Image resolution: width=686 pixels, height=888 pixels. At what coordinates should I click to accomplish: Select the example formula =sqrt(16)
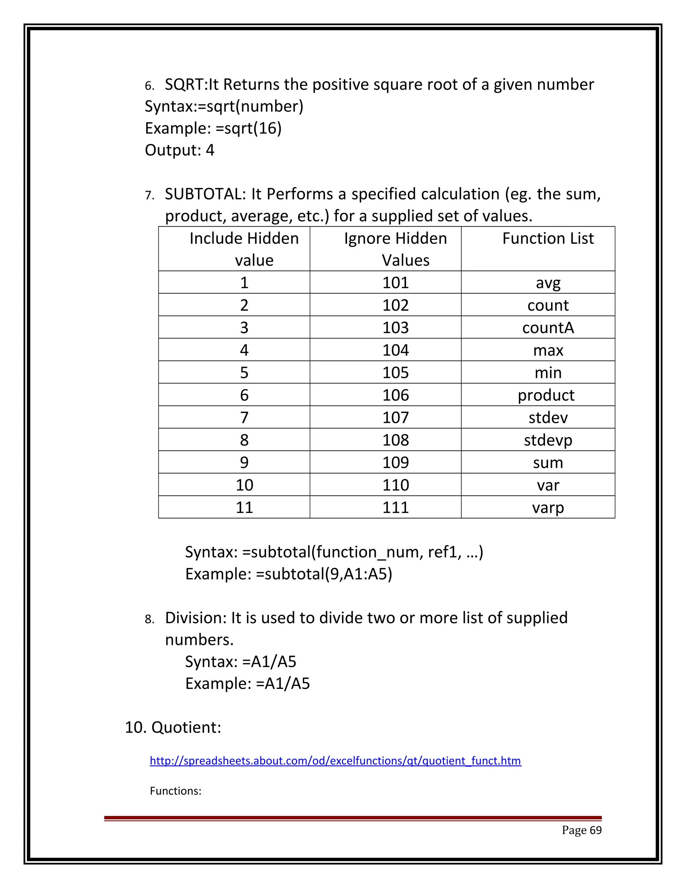coord(248,128)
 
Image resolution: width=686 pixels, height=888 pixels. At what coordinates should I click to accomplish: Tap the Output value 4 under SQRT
coord(210,150)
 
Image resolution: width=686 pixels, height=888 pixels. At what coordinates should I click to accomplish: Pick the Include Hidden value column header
coord(244,249)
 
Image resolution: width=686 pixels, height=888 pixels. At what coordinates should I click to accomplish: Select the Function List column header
coord(547,239)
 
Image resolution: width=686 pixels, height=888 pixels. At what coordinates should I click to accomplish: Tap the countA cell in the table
coord(547,328)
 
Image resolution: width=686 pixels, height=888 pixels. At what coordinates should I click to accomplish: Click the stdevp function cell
coord(547,440)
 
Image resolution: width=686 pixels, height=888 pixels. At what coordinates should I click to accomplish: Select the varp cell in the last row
coord(547,507)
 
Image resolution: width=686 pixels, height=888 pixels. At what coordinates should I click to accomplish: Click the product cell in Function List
coord(546,395)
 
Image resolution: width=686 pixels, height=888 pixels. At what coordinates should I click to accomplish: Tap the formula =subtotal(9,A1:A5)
coord(324,574)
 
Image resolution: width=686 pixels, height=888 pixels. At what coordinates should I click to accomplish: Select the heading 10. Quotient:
coord(173,727)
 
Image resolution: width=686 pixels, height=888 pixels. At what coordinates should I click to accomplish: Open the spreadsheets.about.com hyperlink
coord(335,761)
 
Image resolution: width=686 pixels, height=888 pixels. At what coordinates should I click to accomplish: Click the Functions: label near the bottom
coord(176,791)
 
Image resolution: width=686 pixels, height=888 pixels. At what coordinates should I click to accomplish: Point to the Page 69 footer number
coord(581,830)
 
